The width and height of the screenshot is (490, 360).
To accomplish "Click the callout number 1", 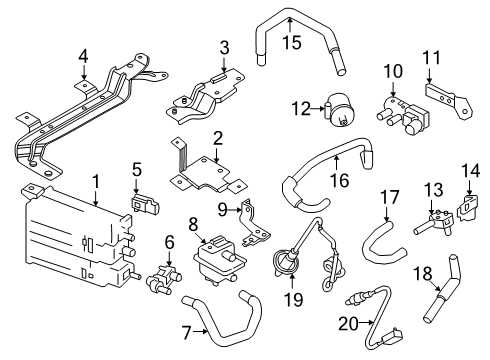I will coord(95,183).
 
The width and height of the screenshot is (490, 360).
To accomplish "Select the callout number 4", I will coord(83,55).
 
